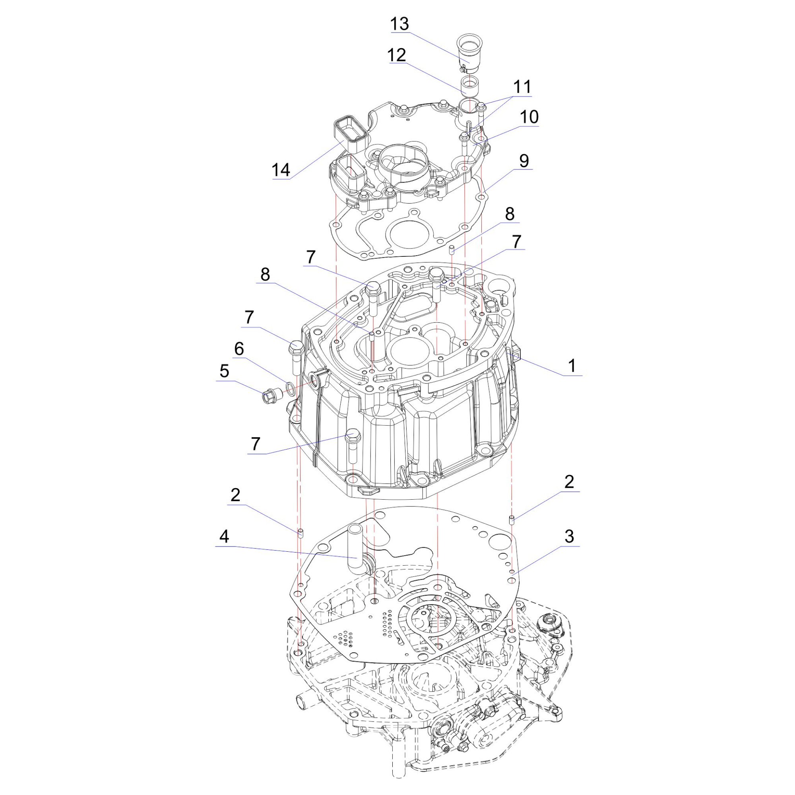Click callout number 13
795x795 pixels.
[399, 24]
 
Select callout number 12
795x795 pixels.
[397, 55]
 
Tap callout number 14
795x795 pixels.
[281, 170]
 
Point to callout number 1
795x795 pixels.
[572, 366]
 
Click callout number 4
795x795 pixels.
[224, 537]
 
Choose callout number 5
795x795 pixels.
[224, 371]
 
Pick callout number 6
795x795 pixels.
[239, 349]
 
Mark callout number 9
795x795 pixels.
[524, 161]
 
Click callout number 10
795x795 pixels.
[529, 117]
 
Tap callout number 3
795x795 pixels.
[569, 537]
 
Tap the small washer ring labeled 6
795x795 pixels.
[290, 387]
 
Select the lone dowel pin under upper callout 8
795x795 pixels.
[452, 249]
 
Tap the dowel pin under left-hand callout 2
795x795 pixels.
[301, 533]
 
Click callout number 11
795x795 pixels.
[522, 87]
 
